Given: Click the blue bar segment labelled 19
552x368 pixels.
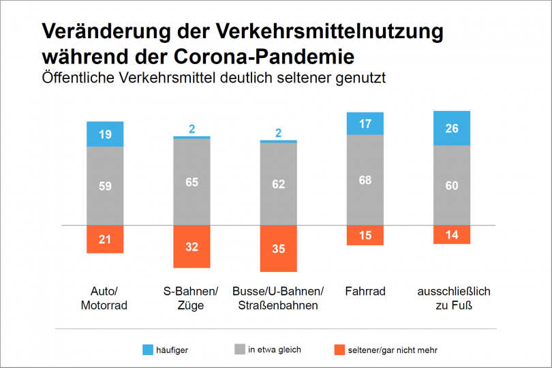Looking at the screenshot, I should pos(105,134).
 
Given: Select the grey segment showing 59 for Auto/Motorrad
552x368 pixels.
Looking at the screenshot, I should pos(105,185).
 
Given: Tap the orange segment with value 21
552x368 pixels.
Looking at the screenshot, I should pos(105,239).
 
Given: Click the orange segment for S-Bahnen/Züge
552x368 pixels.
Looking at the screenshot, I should pos(191,246).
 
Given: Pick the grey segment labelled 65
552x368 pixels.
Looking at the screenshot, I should pos(191,182).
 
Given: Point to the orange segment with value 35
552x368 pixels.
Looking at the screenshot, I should pos(278,249).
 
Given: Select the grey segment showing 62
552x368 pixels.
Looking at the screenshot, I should pos(278,183).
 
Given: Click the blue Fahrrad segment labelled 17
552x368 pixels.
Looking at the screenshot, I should pos(365,123).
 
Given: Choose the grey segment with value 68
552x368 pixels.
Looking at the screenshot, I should pos(365,180).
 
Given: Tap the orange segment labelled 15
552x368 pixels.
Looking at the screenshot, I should pos(365,235).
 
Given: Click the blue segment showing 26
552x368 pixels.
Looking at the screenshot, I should pos(452,128).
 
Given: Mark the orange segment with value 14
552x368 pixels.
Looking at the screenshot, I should pos(452,234).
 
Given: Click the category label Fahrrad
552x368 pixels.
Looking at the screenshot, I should pos(365,292).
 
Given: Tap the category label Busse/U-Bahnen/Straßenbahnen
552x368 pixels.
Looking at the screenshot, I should pos(278,298).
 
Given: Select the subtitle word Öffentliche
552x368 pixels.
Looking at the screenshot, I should pos(79,78).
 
